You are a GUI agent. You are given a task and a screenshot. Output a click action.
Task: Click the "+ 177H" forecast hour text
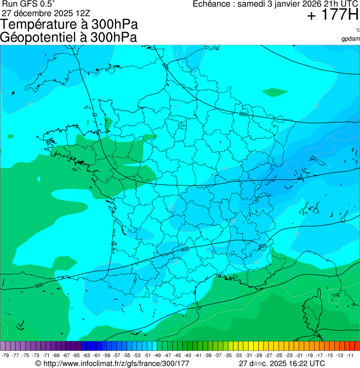pos(332,16)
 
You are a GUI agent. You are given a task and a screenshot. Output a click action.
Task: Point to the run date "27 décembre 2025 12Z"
pos(45,13)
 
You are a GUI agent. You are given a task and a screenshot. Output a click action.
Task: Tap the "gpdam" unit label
pos(351,39)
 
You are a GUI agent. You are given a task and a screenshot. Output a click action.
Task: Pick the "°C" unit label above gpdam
pos(357,30)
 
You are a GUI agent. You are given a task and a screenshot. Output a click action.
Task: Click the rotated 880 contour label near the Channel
pos(165,66)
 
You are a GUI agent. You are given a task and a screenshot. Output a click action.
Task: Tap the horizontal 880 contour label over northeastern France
pos(242,114)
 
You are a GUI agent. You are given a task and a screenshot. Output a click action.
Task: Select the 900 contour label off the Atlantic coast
pos(39,286)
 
